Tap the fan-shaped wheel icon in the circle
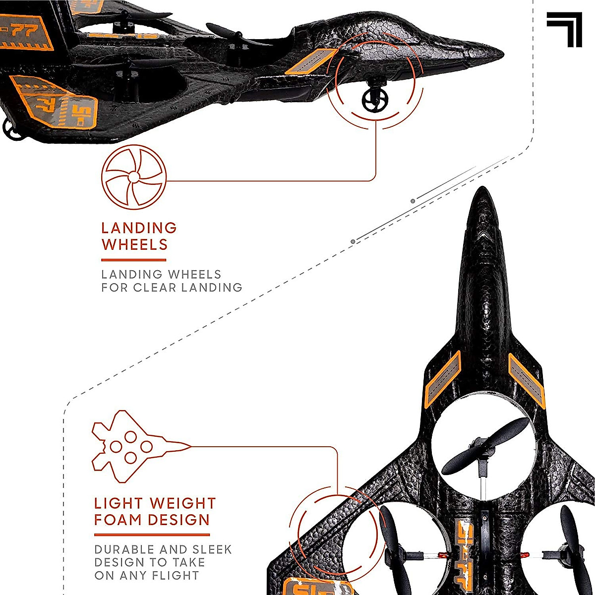[133, 177]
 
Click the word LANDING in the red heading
[139, 228]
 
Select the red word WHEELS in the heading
[134, 245]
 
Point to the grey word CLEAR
[161, 288]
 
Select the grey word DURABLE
[124, 550]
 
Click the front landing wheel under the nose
[373, 101]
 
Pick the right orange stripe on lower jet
[527, 380]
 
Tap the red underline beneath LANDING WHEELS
[133, 260]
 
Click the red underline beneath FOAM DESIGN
[152, 535]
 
